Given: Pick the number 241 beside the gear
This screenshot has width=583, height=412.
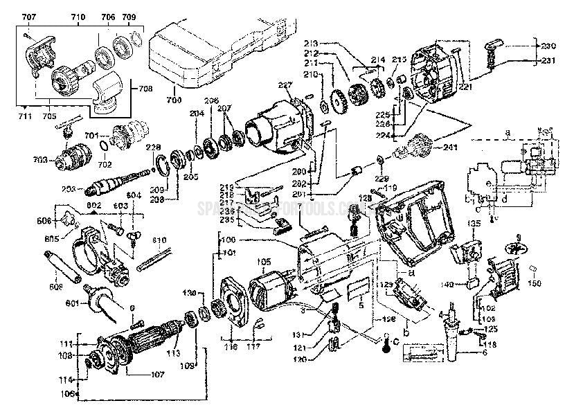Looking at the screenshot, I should [450, 147].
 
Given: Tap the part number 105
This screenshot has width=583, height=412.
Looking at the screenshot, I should [264, 262].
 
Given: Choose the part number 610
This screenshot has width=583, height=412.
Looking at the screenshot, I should [160, 240].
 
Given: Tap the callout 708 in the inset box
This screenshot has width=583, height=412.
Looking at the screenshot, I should [147, 89].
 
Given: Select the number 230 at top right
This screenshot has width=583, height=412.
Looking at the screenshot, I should [548, 46].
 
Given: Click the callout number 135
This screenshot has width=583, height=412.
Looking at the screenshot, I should [474, 223].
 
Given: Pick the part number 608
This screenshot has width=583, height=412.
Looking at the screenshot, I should [57, 285].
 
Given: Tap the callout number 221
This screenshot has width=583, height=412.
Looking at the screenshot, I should [464, 88].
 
